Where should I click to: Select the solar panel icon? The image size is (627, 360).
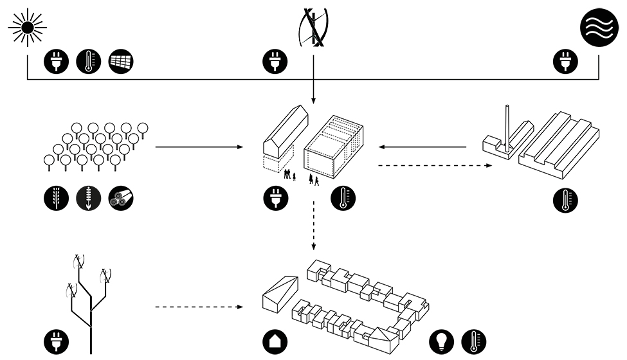click(122, 62)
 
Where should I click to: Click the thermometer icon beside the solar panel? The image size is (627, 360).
click(89, 62)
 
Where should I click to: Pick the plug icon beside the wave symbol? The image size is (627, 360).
click(567, 62)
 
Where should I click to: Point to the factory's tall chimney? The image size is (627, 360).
click(507, 129)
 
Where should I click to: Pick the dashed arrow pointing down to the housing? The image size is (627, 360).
click(313, 226)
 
